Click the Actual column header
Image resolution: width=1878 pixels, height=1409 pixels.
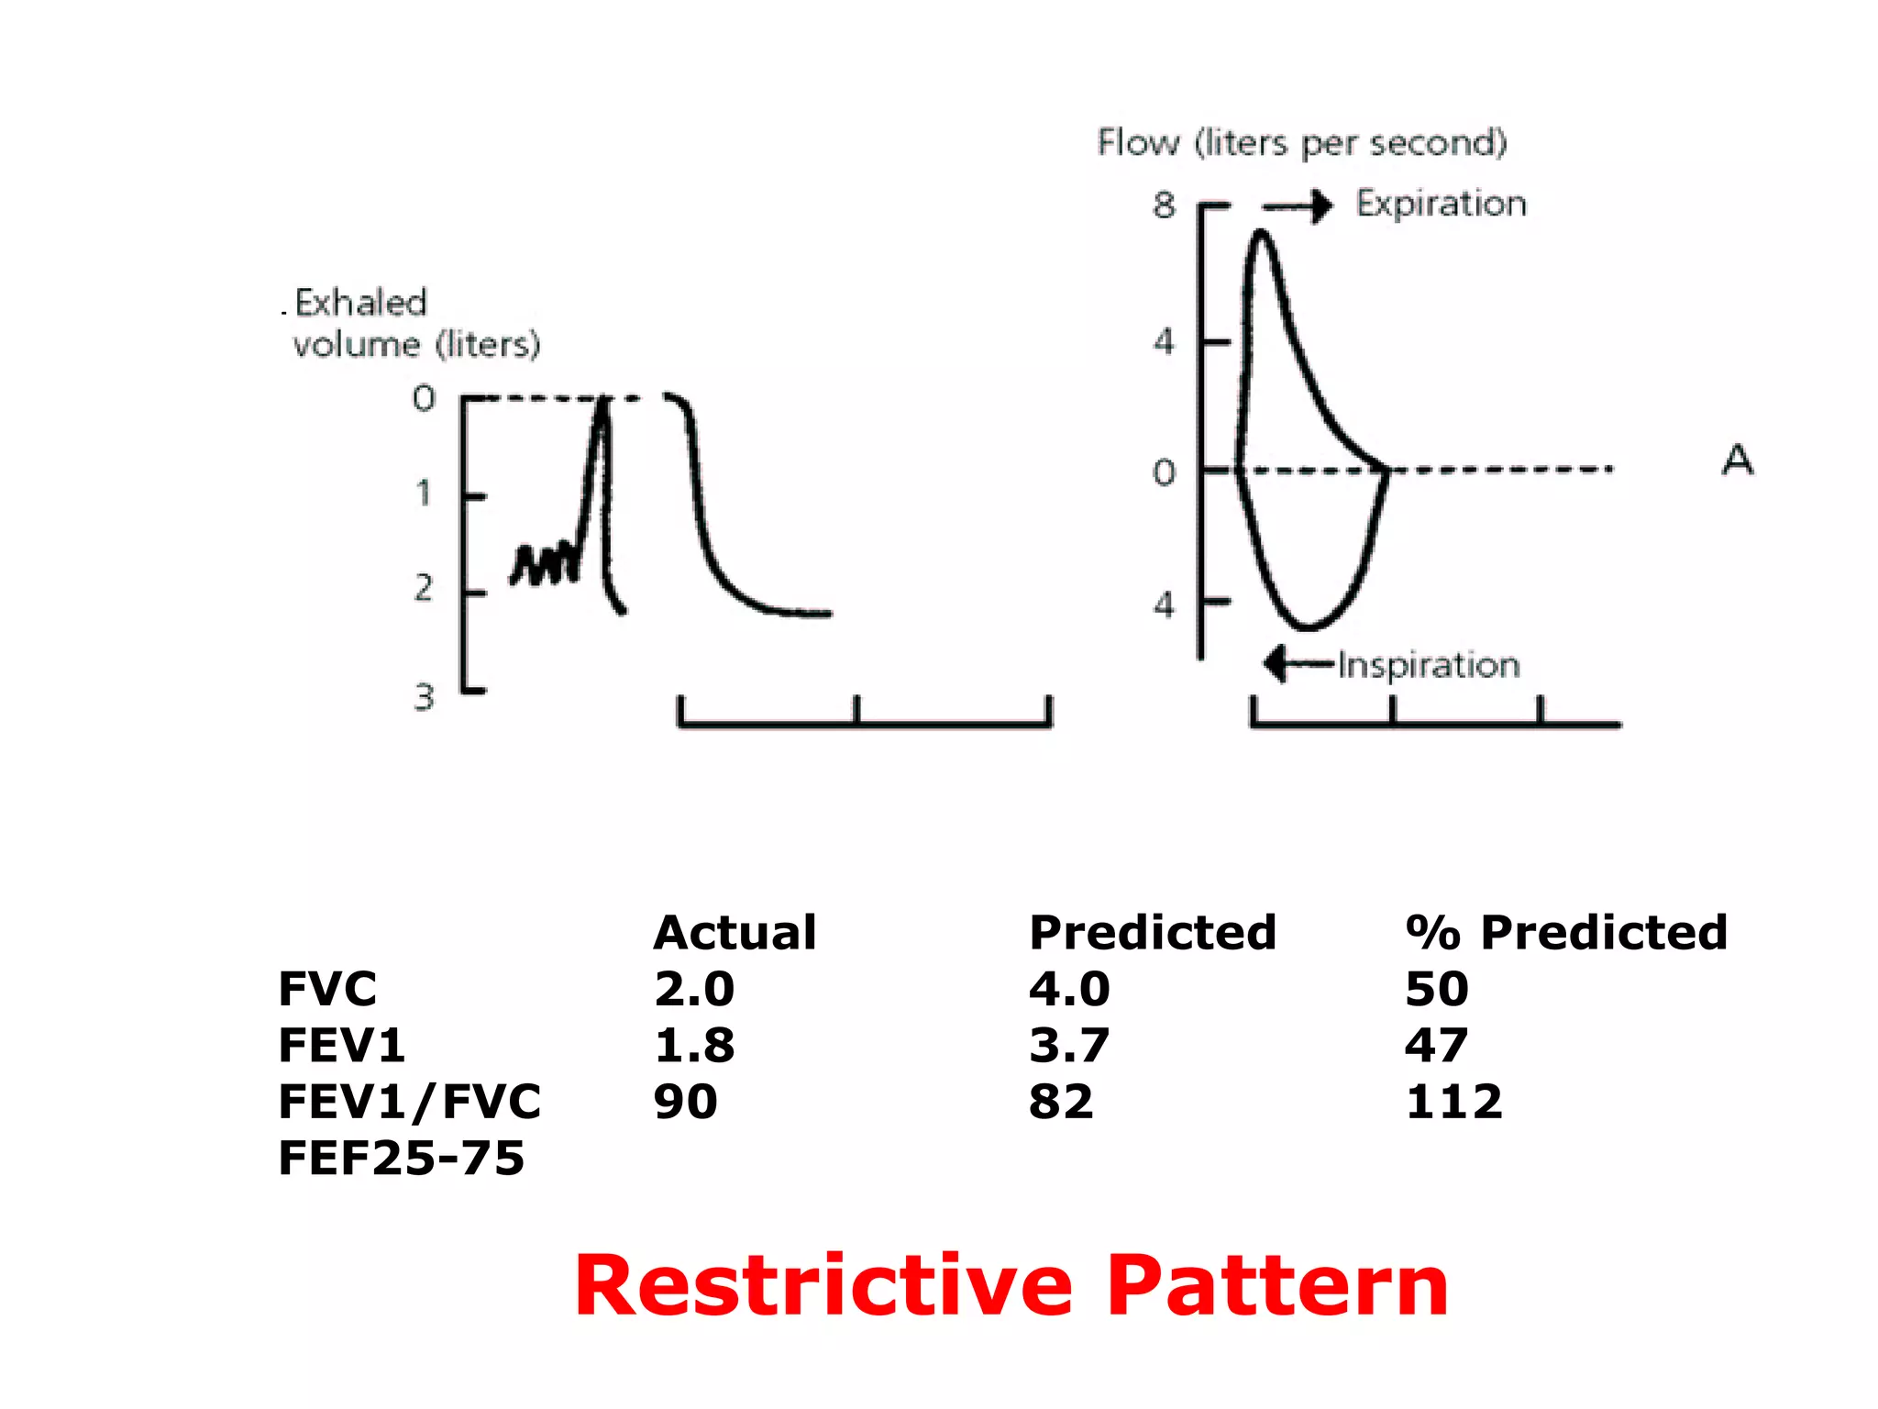[x=735, y=933]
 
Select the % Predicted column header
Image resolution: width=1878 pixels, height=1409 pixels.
[x=1566, y=933]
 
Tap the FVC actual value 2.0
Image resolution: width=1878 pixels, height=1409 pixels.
[x=694, y=989]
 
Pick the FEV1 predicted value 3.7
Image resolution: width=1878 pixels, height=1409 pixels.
[x=1069, y=1046]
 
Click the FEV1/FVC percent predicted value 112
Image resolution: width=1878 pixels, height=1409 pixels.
[x=1454, y=1102]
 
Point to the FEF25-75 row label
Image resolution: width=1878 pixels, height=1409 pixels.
[x=401, y=1159]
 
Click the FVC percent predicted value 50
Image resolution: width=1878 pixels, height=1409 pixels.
[x=1437, y=989]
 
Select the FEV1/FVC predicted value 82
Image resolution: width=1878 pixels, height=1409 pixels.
[x=1061, y=1102]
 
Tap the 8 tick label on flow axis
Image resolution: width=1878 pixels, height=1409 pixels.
[x=1164, y=205]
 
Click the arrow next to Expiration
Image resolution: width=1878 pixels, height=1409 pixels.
[x=1298, y=206]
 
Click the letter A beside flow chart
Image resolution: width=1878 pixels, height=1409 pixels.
[x=1738, y=460]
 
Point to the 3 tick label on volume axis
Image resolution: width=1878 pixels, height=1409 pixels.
[x=424, y=698]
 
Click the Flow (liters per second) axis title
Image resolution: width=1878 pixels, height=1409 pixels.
[x=1302, y=143]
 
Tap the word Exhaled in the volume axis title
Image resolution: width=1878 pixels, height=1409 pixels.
[x=361, y=303]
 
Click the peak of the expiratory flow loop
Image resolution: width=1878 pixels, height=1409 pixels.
[x=1262, y=235]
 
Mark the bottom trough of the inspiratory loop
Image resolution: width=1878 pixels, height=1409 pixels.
[x=1307, y=627]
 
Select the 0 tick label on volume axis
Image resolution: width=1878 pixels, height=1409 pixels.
[x=424, y=398]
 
